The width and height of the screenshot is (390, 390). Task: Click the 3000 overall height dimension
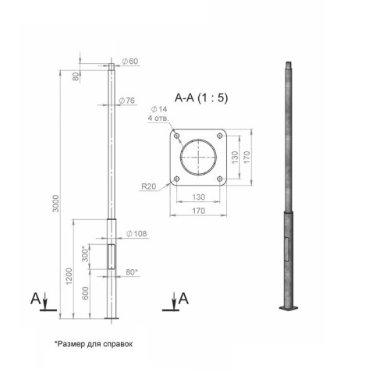tap(56, 204)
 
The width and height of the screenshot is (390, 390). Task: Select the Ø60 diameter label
tap(130, 62)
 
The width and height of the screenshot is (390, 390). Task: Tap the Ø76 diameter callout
tap(127, 101)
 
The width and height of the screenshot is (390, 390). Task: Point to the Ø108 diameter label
tap(136, 234)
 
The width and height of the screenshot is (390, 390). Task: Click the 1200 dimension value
tap(69, 276)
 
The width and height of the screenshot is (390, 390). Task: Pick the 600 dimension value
tap(85, 293)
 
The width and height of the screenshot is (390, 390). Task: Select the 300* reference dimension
tap(85, 254)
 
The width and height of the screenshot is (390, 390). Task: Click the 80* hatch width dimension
tap(132, 272)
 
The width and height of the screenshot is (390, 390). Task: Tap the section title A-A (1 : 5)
tap(201, 98)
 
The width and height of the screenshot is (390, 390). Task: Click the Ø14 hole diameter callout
tap(159, 109)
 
